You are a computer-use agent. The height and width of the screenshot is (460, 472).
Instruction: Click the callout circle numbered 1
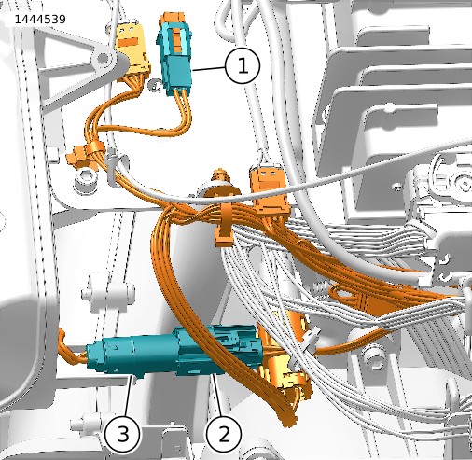243,66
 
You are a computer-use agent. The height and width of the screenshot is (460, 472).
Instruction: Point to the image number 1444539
40,20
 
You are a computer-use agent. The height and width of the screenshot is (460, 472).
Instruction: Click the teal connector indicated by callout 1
174,57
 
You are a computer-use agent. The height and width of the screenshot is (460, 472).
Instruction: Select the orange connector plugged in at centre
269,191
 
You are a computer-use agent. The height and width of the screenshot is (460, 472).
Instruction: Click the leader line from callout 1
209,69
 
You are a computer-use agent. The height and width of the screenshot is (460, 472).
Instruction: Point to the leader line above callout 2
217,396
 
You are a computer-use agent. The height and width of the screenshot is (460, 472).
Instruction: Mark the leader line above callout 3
128,396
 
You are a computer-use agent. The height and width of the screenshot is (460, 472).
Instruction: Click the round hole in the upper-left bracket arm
102,58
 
